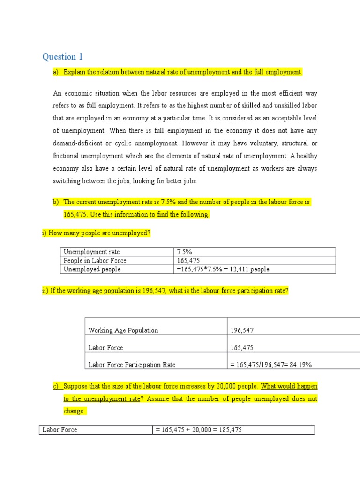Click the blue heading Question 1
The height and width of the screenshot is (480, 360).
pyautogui.click(x=62, y=57)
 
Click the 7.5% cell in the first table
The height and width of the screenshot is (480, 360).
pyautogui.click(x=185, y=252)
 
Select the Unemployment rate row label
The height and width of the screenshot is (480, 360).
pyautogui.click(x=91, y=252)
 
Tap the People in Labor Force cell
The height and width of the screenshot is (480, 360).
pyautogui.click(x=95, y=261)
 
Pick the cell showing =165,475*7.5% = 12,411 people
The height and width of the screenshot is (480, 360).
pyautogui.click(x=223, y=270)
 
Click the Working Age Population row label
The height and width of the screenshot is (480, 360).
pyautogui.click(x=123, y=330)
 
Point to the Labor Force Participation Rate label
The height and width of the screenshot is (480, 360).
pyautogui.click(x=132, y=364)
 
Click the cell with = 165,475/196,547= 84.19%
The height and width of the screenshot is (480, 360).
pyautogui.click(x=271, y=364)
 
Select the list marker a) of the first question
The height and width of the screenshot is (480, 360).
pyautogui.click(x=56, y=72)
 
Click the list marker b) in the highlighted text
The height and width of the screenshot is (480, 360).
pyautogui.click(x=56, y=202)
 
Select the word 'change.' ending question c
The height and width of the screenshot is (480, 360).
pyautogui.click(x=74, y=411)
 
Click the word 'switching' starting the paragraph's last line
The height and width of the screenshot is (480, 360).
pyautogui.click(x=67, y=181)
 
